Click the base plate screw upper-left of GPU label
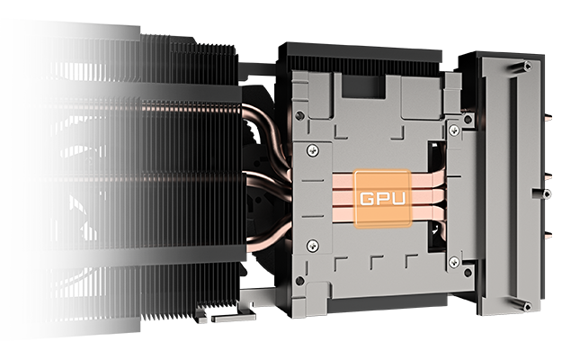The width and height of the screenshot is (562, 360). pos(312,148)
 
